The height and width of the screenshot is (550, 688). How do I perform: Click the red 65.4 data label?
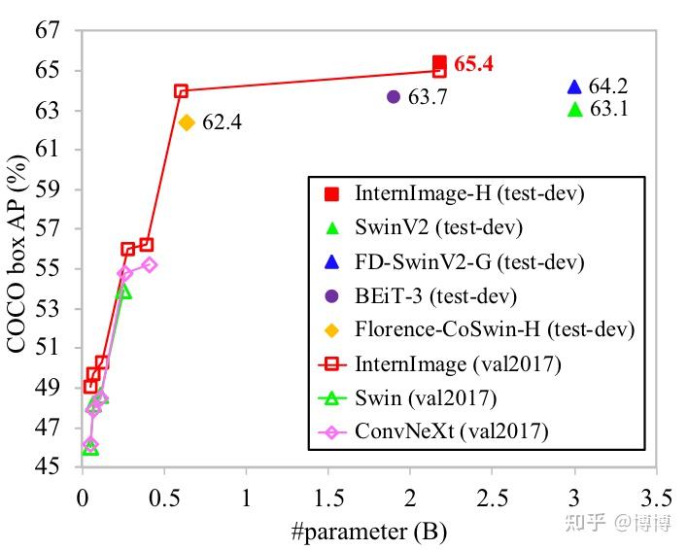coord(474,64)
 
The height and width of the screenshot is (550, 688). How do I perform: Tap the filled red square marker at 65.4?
coord(439,62)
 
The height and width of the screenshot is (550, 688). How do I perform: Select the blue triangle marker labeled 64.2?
coord(574,86)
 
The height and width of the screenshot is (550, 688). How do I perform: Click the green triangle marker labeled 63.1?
coord(574,109)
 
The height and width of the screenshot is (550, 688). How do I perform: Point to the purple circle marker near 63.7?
coord(394,96)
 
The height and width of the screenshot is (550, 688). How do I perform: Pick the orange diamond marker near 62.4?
coord(187,122)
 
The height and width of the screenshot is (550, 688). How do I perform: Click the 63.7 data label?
coord(428,97)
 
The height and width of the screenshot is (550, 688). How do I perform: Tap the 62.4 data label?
coord(222,123)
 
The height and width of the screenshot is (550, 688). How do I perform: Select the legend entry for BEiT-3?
coord(435,295)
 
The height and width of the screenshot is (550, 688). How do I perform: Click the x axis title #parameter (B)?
coord(368,532)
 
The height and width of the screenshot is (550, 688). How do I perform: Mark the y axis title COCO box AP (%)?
coord(17,248)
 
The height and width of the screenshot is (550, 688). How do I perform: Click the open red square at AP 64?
coord(181,91)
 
